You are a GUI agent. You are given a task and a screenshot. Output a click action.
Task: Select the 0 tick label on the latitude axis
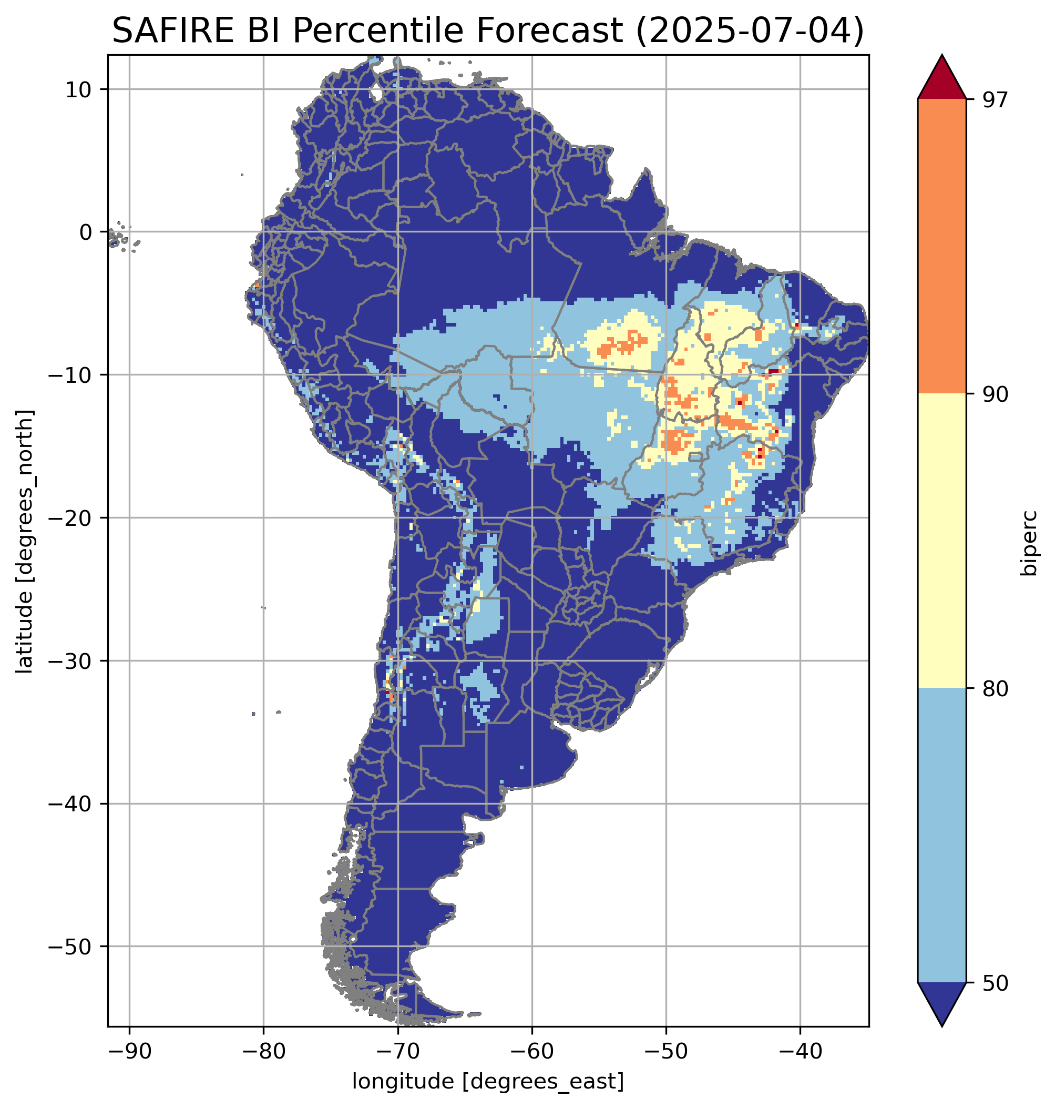[x=86, y=232]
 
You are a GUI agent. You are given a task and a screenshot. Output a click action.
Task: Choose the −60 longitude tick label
[x=532, y=1052]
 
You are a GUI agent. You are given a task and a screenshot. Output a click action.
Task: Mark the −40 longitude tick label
[x=800, y=1052]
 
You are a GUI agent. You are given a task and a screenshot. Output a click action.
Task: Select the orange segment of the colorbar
[x=941, y=247]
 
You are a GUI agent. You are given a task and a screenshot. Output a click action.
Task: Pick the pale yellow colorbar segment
[x=941, y=541]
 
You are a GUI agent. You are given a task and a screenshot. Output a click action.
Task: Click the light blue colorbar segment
[x=941, y=836]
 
